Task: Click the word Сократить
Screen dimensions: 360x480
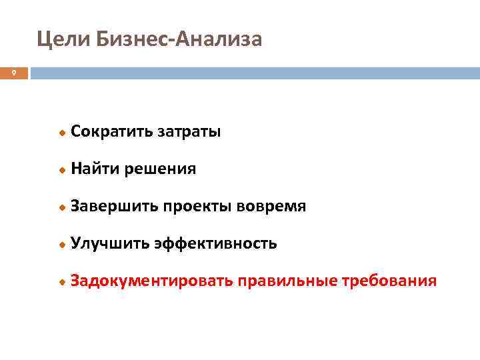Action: pyautogui.click(x=111, y=131)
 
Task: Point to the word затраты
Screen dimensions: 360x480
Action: pyautogui.click(x=189, y=131)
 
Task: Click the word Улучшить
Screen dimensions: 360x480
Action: pyautogui.click(x=110, y=244)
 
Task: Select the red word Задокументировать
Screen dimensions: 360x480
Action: pyautogui.click(x=152, y=281)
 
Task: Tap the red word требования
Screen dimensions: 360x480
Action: pyautogui.click(x=389, y=281)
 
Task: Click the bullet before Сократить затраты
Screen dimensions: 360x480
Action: pyautogui.click(x=62, y=133)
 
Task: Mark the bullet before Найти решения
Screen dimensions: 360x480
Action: pyautogui.click(x=62, y=171)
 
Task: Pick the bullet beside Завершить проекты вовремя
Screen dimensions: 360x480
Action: pyautogui.click(x=62, y=208)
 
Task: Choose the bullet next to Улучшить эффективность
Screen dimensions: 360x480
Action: pyautogui.click(x=62, y=245)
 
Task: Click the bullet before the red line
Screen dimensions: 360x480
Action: pyautogui.click(x=62, y=283)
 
